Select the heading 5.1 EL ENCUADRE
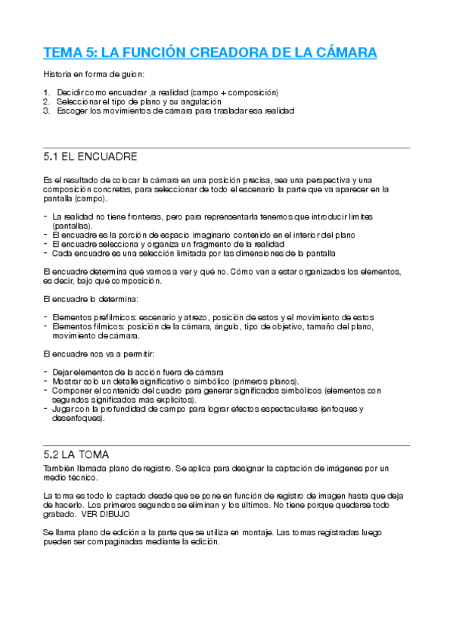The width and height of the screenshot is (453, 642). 91,157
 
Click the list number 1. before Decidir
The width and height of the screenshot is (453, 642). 47,92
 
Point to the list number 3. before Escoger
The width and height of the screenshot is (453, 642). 47,110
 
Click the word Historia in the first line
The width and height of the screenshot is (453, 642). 57,74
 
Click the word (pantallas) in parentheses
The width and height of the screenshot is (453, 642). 73,226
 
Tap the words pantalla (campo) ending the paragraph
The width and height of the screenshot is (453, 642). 75,198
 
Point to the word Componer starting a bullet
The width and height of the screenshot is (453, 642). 72,391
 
